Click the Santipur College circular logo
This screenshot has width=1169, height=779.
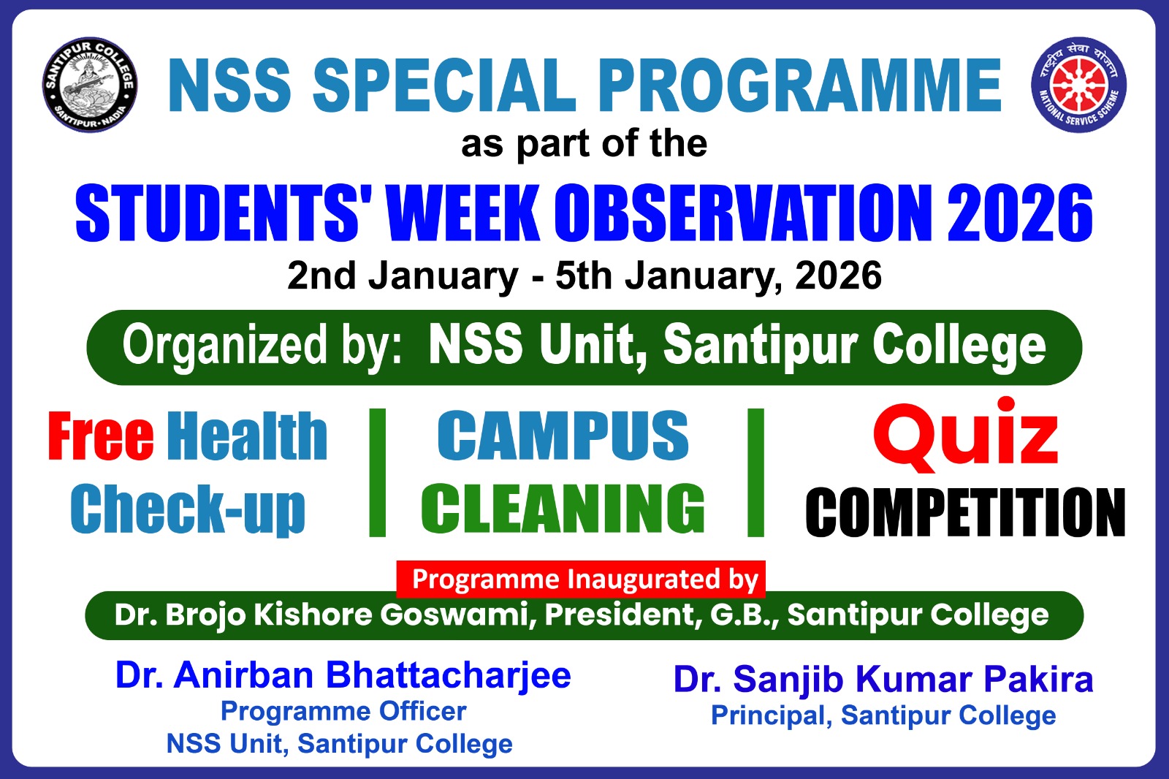tap(90, 85)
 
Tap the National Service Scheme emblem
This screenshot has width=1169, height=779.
tap(1078, 85)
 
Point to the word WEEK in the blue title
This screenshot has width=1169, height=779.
tap(462, 213)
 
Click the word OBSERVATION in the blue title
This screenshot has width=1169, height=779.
tap(743, 213)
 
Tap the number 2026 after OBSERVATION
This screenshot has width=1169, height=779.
tap(1020, 213)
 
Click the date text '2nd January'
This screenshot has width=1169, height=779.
tap(403, 276)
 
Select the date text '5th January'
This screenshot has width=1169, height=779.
tap(669, 276)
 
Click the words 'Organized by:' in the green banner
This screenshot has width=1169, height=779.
tap(262, 346)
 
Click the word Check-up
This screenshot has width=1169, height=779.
tap(188, 509)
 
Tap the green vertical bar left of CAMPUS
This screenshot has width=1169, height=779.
tap(377, 473)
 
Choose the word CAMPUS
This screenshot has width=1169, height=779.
tap(563, 436)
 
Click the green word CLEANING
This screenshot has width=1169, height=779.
tap(563, 509)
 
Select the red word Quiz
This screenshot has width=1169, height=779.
tap(966, 434)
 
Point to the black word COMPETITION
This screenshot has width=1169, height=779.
tap(965, 512)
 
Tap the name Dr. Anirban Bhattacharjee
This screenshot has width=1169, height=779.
tap(343, 676)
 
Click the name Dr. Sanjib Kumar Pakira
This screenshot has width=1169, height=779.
tap(883, 680)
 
